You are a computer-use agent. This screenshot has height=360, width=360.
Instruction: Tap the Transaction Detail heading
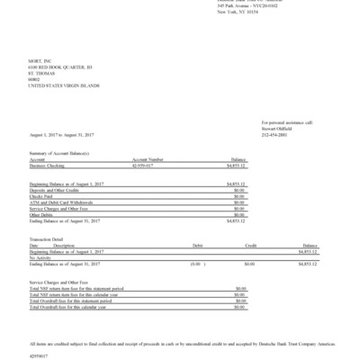click(x=49, y=238)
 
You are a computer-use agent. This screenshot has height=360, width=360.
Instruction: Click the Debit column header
click(x=198, y=245)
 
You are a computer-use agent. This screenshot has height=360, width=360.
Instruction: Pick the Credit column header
click(x=252, y=245)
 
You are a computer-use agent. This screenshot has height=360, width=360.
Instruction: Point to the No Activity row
click(x=40, y=257)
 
